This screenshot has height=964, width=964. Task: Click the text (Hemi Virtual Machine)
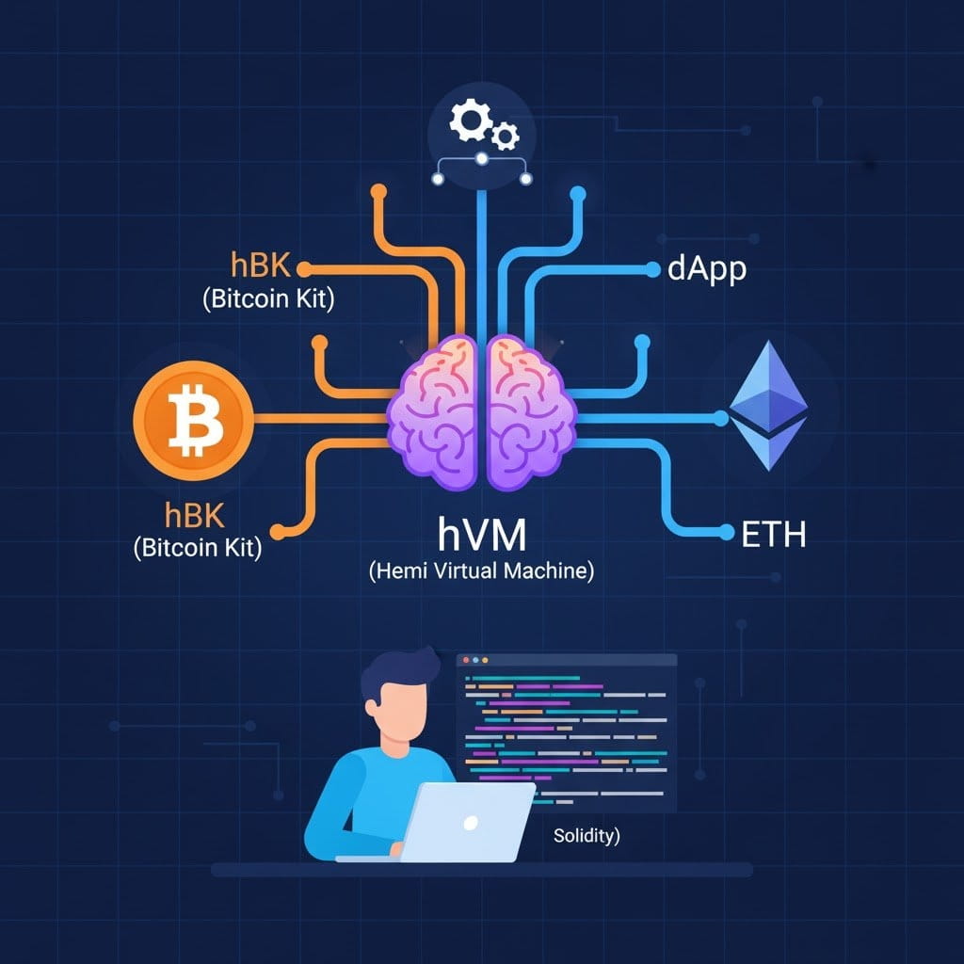[482, 570]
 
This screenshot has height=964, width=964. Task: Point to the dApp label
[706, 269]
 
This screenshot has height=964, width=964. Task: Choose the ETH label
[774, 534]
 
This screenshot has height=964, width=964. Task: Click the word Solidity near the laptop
[586, 835]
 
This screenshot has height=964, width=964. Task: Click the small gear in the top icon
[506, 137]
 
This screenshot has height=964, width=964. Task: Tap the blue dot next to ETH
[725, 533]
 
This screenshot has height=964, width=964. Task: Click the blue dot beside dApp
[653, 269]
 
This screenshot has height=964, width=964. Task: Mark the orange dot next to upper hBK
[303, 268]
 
